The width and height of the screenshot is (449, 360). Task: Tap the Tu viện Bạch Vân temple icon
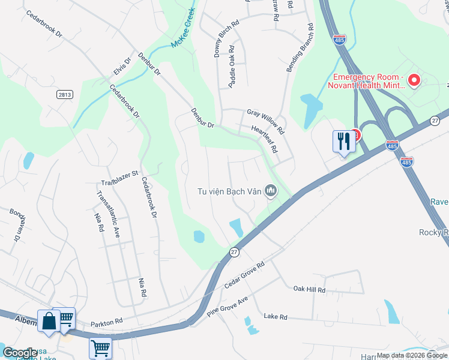tap(271, 191)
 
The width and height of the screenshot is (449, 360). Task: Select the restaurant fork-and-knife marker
tap(343, 142)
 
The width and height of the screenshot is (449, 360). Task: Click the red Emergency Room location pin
tap(414, 80)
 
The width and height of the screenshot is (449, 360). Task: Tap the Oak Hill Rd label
tap(309, 289)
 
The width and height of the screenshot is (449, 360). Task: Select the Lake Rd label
tap(276, 316)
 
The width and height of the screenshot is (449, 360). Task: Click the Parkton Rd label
tap(106, 322)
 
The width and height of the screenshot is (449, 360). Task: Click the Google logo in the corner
tap(20, 353)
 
